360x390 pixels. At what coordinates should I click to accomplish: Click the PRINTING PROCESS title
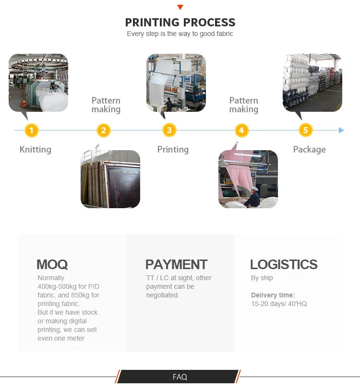click(180, 22)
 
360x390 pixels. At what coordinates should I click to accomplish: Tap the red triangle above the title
click(180, 7)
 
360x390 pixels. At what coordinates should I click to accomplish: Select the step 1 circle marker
click(31, 130)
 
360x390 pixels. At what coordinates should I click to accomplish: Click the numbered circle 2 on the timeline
click(104, 130)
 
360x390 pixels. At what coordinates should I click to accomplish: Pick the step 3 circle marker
click(169, 130)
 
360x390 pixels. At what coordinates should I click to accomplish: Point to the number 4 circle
click(241, 130)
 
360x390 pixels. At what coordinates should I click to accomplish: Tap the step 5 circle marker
click(305, 130)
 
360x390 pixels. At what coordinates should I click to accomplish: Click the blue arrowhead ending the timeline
click(341, 130)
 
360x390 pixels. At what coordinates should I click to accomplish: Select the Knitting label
click(35, 150)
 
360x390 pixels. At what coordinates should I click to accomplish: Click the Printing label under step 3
click(173, 150)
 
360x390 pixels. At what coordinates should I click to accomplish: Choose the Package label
click(309, 150)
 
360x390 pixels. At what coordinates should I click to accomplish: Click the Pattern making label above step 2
click(106, 105)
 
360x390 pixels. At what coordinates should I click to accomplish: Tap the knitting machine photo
click(38, 83)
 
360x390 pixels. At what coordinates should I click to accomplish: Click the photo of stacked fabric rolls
click(312, 83)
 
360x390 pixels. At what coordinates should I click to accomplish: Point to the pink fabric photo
click(248, 179)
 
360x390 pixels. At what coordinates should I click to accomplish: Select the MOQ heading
click(52, 264)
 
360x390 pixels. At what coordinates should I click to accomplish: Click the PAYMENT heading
click(176, 264)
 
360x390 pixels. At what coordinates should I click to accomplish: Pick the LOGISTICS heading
click(284, 264)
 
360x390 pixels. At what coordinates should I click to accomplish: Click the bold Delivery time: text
click(273, 295)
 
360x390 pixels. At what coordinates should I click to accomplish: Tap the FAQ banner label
click(180, 377)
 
